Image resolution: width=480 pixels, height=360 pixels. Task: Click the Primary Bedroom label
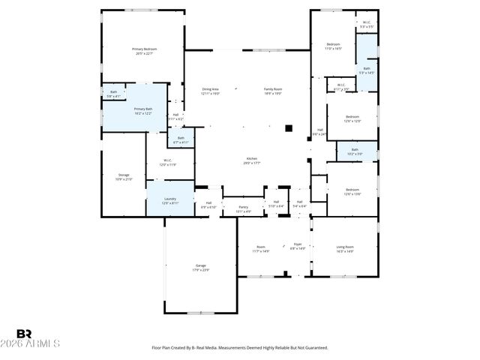point(145,51)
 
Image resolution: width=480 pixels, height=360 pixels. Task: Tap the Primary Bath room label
point(143,111)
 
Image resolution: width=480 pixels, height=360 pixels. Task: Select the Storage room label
point(124,177)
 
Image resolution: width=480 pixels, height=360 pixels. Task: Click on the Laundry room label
point(170,201)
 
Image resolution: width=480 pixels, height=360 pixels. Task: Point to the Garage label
point(201,268)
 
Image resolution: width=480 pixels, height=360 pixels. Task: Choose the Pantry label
point(243,209)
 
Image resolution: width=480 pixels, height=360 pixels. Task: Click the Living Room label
point(344,248)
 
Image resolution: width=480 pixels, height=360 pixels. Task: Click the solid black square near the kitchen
point(288,127)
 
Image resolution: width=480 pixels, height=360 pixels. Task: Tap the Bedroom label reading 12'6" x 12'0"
point(352,118)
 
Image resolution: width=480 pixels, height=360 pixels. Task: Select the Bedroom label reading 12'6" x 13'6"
point(352,191)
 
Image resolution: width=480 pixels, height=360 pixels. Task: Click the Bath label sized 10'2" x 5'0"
point(354,151)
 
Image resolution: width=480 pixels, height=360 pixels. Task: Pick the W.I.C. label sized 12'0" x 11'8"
point(169,162)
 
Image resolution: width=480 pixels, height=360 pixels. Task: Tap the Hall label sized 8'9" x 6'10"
point(208,204)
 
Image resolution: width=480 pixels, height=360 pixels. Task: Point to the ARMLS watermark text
point(37,343)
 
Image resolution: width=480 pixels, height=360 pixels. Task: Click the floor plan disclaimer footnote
point(240,347)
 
